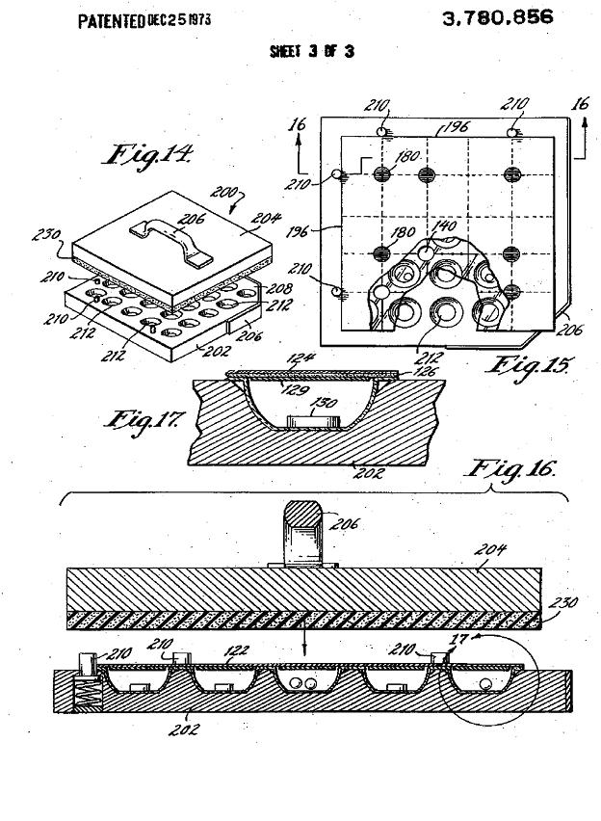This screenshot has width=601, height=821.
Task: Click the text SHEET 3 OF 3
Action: coord(311,51)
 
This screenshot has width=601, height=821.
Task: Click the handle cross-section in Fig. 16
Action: coord(304,536)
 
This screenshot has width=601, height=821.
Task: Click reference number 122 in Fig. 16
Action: coord(233,649)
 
